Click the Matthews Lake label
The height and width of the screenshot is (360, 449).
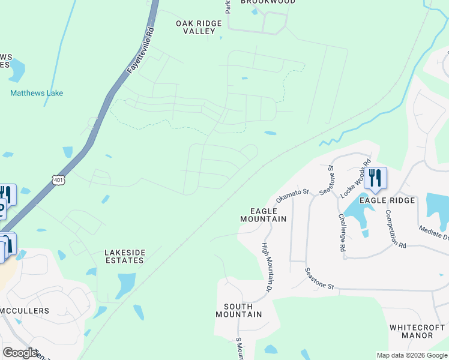tap(37, 93)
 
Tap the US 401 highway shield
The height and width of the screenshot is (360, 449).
tap(58, 179)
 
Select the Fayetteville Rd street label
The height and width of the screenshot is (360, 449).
tap(141, 50)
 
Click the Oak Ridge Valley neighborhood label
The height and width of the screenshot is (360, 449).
tap(199, 27)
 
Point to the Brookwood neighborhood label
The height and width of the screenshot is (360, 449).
tap(268, 2)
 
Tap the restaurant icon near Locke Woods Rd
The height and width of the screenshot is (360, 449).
tap(375, 178)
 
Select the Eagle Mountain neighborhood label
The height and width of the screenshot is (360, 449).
tap(263, 215)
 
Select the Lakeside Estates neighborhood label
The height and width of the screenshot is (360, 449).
tap(124, 256)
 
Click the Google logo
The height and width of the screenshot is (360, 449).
tap(20, 353)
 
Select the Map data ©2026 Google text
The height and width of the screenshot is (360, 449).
tap(411, 355)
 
